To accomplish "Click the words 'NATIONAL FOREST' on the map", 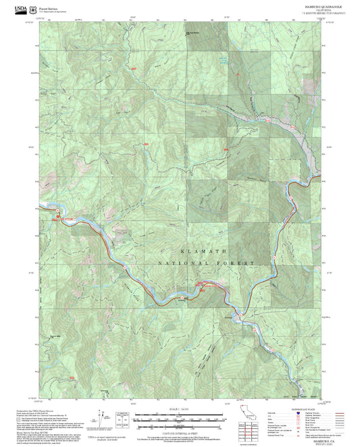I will click(x=206, y=262).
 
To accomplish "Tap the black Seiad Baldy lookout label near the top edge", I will click(x=193, y=32).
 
